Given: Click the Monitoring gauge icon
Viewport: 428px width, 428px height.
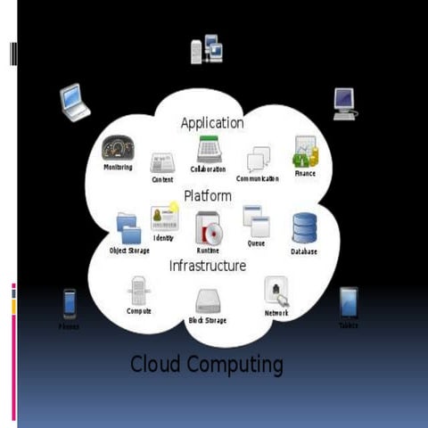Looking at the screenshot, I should [118, 148].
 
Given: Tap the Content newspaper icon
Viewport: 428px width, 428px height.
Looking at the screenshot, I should [162, 163].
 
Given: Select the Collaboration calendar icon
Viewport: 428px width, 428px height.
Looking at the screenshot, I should [209, 149].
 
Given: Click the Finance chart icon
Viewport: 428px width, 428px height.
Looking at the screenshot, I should [305, 153].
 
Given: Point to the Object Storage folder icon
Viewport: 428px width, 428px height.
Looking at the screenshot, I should [128, 228].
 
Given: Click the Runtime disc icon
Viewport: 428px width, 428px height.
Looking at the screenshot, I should [208, 229].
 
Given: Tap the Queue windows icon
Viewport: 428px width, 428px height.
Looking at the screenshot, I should [256, 221].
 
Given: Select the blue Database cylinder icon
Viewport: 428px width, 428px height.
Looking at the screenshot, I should [305, 228].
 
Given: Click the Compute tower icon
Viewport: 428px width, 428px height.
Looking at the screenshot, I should [138, 291].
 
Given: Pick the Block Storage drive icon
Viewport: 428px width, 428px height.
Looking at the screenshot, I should [208, 301].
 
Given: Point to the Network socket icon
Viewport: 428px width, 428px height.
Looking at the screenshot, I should [276, 292].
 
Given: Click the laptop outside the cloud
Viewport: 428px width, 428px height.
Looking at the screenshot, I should [75, 103].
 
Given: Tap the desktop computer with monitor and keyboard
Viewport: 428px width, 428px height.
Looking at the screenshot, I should [344, 103].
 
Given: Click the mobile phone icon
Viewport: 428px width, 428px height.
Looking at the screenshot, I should [69, 304].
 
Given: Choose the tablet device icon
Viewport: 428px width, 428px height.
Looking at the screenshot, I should [349, 302].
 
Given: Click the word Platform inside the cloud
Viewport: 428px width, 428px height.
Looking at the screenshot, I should [208, 195].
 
